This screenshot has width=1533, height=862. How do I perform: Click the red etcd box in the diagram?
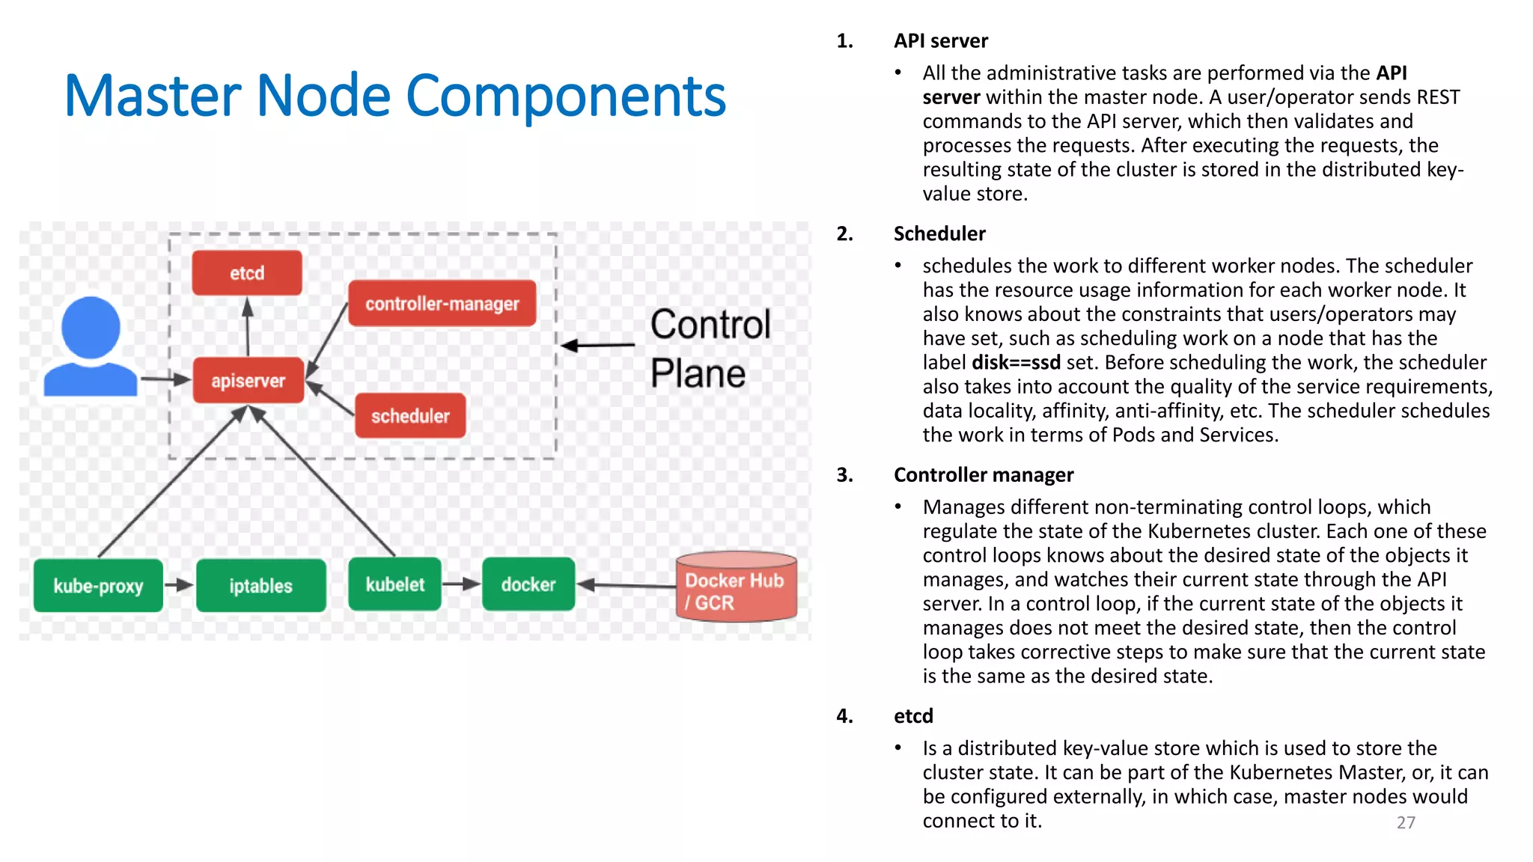[x=247, y=273]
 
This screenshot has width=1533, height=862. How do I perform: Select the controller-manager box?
[x=442, y=304]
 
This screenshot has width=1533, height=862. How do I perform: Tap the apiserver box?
[x=248, y=381]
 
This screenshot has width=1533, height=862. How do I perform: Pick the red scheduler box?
[x=410, y=416]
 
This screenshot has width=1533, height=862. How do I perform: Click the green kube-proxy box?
[x=98, y=586]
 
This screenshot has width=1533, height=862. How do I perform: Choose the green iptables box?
[x=260, y=586]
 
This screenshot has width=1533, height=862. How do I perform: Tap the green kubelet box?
[x=394, y=584]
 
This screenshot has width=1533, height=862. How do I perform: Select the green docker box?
[x=528, y=584]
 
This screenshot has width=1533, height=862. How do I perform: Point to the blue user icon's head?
[x=91, y=327]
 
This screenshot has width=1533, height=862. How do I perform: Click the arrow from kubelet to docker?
[x=461, y=584]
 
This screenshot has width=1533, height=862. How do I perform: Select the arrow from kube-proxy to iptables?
[x=179, y=585]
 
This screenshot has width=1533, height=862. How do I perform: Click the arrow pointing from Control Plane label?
[x=598, y=345]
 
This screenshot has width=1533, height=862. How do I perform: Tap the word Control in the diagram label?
[x=710, y=325]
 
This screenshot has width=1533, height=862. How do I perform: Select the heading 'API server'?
[x=940, y=41]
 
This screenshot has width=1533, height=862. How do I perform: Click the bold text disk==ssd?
[x=1015, y=363]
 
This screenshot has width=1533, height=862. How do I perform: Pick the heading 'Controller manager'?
[x=983, y=475]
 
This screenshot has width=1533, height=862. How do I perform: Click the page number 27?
[x=1406, y=822]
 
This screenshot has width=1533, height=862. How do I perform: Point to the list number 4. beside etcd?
[x=844, y=716]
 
